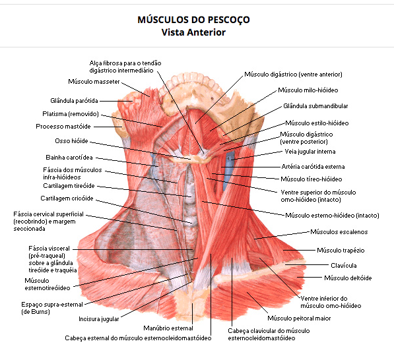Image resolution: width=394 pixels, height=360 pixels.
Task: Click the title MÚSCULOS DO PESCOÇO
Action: (x=193, y=20)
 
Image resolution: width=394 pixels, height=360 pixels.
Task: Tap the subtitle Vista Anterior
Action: (x=193, y=32)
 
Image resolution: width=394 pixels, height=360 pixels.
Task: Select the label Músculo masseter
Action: (x=94, y=82)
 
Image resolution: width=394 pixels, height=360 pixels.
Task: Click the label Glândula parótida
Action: (x=74, y=101)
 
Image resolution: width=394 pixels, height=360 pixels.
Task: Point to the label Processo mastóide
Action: (x=63, y=127)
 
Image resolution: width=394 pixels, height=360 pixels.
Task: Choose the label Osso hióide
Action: (x=72, y=141)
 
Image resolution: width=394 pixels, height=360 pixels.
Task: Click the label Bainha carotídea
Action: (x=69, y=158)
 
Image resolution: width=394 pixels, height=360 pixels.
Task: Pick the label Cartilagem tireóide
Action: (x=69, y=186)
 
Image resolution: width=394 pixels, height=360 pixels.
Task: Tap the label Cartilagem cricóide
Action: (x=67, y=198)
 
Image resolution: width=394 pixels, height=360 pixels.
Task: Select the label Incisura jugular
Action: (x=99, y=319)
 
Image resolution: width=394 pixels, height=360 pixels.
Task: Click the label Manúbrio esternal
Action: (x=168, y=328)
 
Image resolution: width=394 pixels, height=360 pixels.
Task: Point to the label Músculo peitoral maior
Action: (x=299, y=318)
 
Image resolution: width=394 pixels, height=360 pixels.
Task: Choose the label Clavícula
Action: (x=343, y=265)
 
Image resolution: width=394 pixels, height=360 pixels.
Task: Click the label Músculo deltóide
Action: (x=348, y=278)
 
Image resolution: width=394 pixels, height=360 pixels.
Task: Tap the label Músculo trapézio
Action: (x=341, y=250)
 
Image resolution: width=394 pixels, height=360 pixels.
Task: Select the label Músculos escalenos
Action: (x=339, y=231)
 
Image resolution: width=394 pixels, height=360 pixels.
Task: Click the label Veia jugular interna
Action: (x=310, y=152)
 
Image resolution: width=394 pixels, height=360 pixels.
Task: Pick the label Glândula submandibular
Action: (x=315, y=106)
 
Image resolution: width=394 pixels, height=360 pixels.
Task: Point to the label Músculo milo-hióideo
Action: (x=308, y=90)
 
